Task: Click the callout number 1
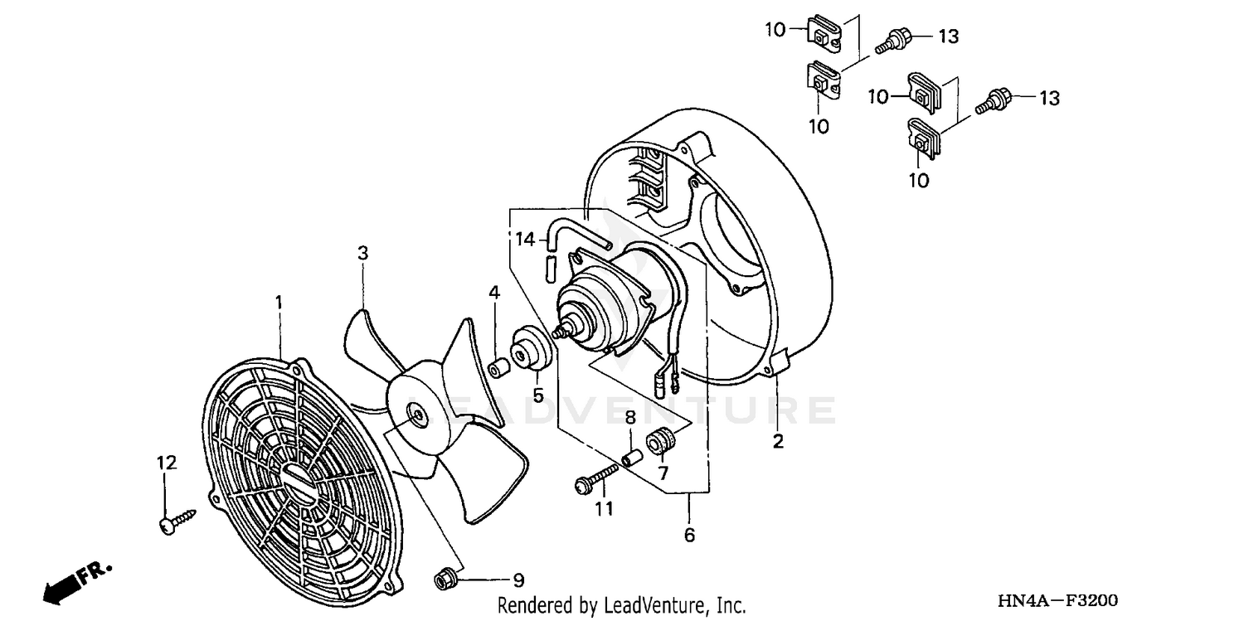pyautogui.click(x=279, y=303)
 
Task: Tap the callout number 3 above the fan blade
pyautogui.click(x=362, y=253)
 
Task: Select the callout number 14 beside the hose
pyautogui.click(x=526, y=240)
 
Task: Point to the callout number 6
pyautogui.click(x=689, y=536)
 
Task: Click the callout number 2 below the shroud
pyautogui.click(x=778, y=441)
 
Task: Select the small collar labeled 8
pyautogui.click(x=632, y=456)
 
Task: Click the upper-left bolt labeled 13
pyautogui.click(x=897, y=38)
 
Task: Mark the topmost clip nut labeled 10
pyautogui.click(x=824, y=33)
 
